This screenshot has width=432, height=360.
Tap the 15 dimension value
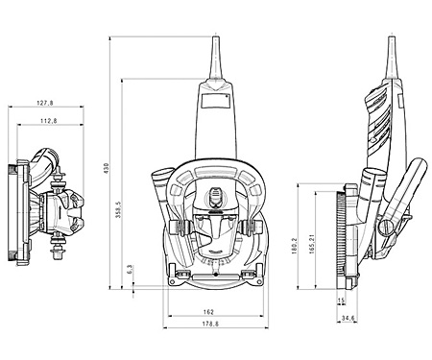click(x=341, y=300)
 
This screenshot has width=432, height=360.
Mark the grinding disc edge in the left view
click(x=14, y=209)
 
